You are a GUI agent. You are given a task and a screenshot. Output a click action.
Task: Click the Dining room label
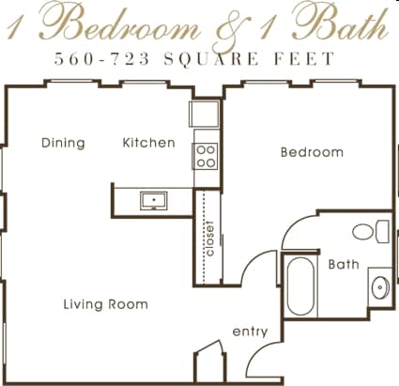coord(63,144)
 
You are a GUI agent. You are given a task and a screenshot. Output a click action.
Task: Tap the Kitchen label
coord(149,144)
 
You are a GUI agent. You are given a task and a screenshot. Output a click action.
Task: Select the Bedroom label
coord(313,152)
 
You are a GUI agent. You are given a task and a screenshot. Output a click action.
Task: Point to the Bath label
coord(343,265)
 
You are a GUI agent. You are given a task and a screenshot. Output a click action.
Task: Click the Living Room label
coord(105,304)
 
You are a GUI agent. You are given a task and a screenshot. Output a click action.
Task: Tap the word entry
coord(250,332)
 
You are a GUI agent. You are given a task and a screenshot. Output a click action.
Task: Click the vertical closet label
coord(209,238)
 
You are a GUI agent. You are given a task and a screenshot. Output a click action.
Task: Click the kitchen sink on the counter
coord(152,199)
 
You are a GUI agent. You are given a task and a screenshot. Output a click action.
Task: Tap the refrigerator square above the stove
coord(205,115)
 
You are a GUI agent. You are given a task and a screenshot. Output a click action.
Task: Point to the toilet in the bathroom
coord(370,231)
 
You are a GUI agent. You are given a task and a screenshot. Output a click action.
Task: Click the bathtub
coord(301,286)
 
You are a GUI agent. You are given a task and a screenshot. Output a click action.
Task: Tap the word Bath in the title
coord(343,24)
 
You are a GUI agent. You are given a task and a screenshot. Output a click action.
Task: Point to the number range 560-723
coord(97,59)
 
